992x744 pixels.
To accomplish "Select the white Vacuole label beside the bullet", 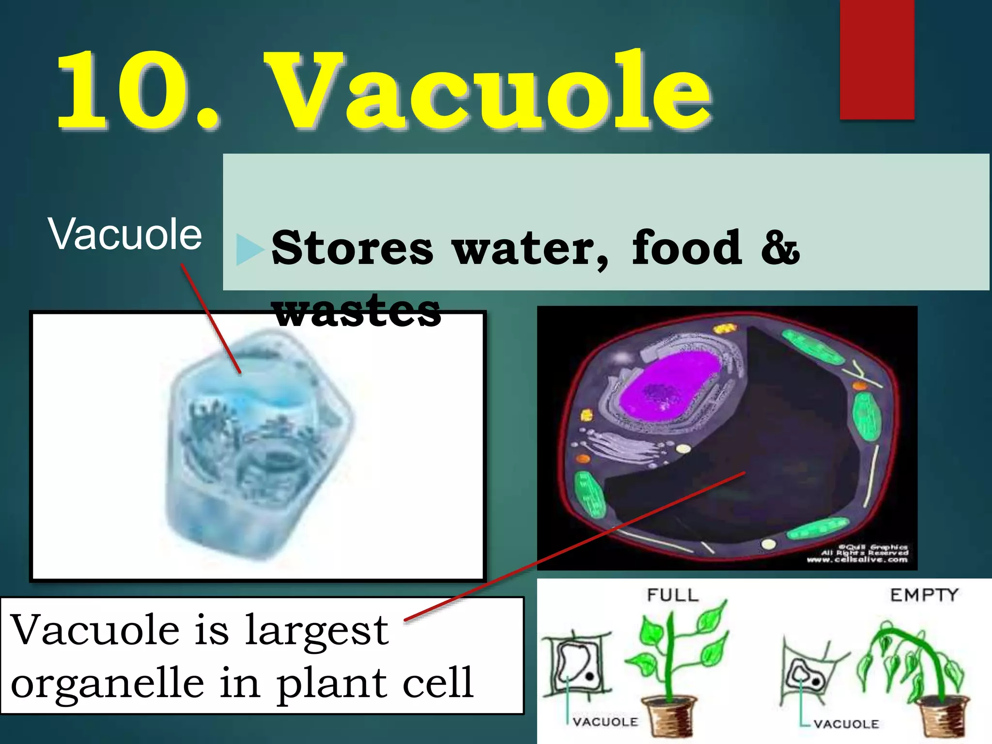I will [124, 235].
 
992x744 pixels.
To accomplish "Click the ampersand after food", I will [779, 248].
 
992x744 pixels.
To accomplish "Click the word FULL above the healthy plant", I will [673, 595].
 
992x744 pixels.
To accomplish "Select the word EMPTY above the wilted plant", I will [924, 595].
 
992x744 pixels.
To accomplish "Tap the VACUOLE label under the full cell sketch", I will [605, 722].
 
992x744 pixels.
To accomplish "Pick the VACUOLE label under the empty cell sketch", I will [846, 724].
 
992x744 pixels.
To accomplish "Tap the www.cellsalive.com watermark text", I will [857, 560].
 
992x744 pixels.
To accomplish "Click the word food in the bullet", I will [686, 248].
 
